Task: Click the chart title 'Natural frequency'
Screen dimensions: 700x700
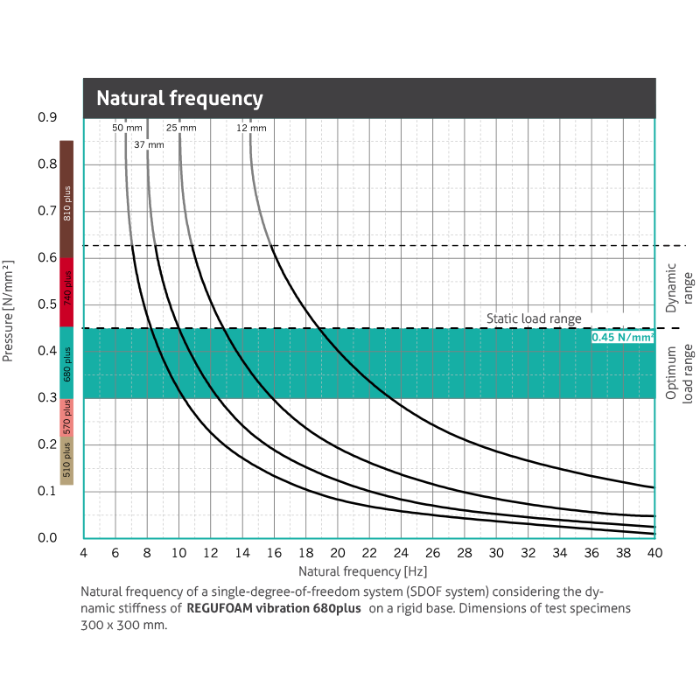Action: (179, 98)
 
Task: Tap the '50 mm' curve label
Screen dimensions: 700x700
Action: (127, 128)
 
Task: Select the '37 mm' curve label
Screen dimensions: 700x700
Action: (149, 144)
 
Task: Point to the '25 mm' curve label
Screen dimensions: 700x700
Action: (181, 128)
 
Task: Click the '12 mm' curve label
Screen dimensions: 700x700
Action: (251, 128)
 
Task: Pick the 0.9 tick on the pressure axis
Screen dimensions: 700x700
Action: (47, 117)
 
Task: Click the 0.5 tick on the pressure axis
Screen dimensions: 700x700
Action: (47, 304)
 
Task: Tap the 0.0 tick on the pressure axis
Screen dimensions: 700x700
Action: (47, 538)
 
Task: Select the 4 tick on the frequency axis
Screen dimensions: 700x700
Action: (83, 553)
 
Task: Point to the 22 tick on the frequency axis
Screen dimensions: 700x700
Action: (369, 553)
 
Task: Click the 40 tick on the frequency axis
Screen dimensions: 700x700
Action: (654, 553)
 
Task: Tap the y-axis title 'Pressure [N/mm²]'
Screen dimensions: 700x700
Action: (10, 311)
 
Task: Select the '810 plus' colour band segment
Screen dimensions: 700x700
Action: (66, 199)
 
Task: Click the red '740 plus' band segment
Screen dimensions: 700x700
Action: (66, 292)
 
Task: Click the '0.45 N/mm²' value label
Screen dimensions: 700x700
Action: (622, 337)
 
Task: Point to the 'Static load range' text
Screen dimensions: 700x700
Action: (534, 319)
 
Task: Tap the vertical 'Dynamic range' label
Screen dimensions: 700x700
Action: (678, 288)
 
